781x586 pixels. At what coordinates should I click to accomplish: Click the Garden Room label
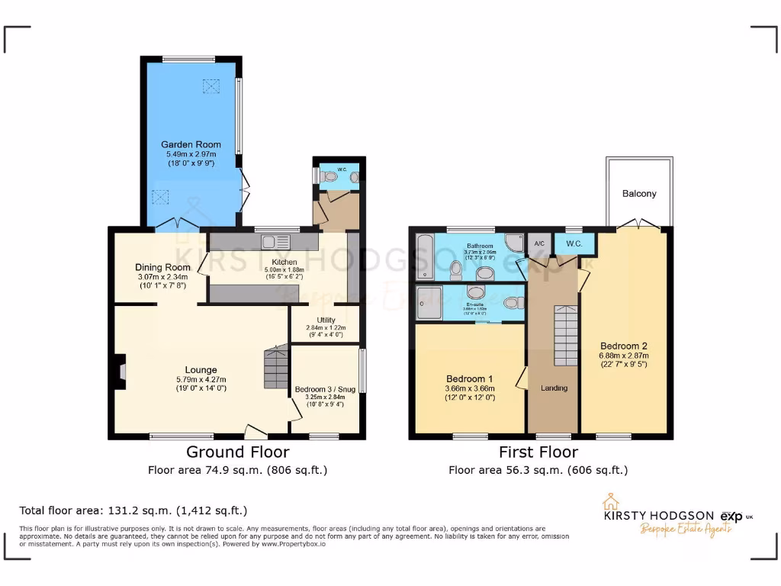point(191,144)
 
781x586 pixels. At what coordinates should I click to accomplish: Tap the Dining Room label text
point(162,267)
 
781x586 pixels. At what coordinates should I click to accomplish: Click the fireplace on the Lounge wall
point(121,371)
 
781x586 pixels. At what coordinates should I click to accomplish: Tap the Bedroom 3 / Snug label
point(326,389)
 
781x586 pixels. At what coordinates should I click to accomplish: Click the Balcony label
point(639,193)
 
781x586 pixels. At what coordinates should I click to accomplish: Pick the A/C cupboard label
point(538,243)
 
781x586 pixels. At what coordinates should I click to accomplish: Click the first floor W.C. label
point(574,243)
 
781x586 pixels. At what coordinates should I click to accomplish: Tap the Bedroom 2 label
point(623,346)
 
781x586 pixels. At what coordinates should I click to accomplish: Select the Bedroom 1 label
point(470,379)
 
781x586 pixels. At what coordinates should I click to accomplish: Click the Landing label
point(554,388)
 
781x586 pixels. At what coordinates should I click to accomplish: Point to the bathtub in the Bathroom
point(424,257)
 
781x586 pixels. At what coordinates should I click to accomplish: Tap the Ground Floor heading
point(236,452)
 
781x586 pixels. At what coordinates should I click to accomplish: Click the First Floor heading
point(538,452)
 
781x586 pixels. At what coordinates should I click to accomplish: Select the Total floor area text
point(133,510)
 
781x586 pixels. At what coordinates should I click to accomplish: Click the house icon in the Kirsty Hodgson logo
point(610,501)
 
